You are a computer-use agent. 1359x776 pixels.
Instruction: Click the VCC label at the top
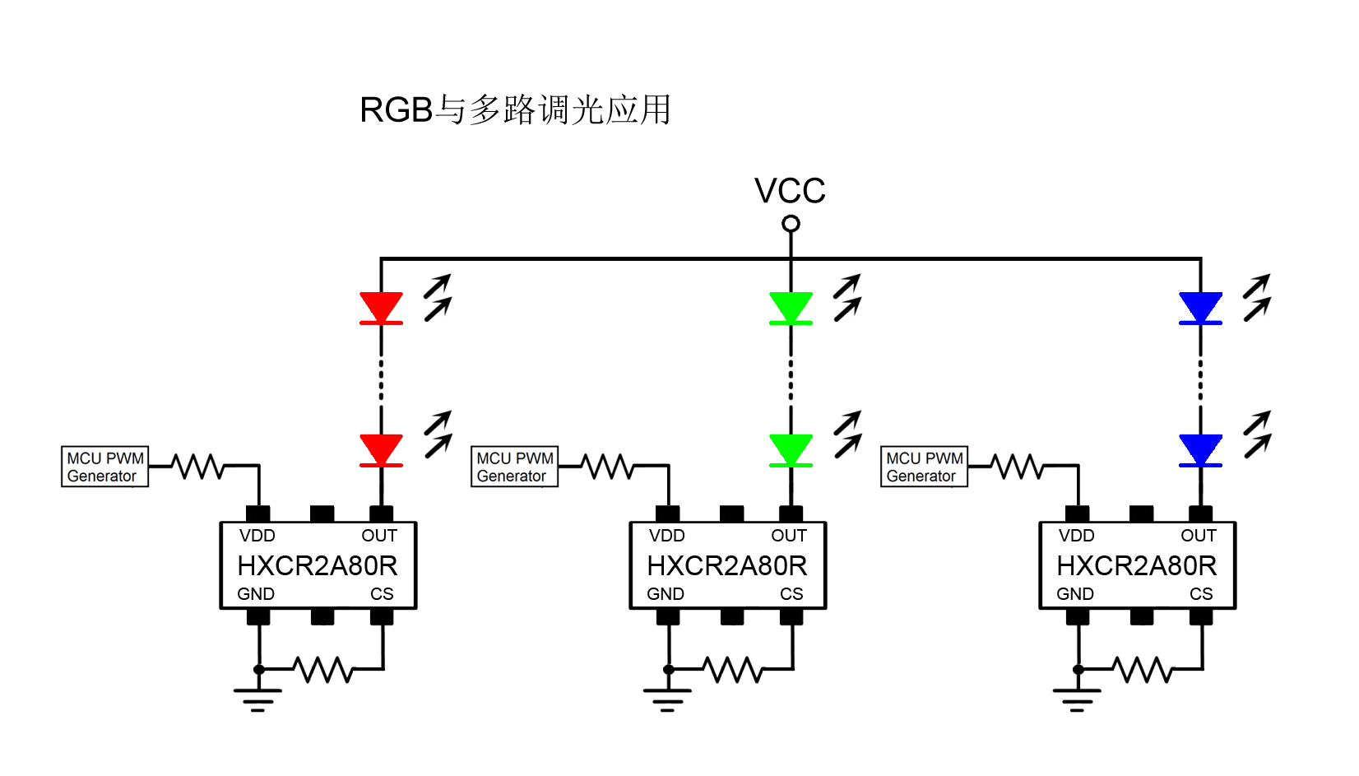[x=790, y=191]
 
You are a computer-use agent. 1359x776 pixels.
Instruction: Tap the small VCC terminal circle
[x=791, y=224]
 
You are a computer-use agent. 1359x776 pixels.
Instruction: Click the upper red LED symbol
[x=381, y=308]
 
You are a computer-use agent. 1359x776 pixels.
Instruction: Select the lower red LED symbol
[x=381, y=450]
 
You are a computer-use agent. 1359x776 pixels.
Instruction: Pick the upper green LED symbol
[x=791, y=308]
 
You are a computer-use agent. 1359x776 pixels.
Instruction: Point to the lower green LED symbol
[x=791, y=450]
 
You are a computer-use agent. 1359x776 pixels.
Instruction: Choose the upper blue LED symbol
[x=1200, y=308]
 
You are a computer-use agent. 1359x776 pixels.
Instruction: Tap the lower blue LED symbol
[x=1200, y=450]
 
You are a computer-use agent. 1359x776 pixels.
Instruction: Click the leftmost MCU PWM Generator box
[x=104, y=467]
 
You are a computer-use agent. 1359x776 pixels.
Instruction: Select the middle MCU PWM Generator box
[x=514, y=467]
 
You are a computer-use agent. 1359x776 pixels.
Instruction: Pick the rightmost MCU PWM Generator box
[x=924, y=467]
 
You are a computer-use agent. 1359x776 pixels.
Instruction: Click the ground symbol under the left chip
[x=258, y=699]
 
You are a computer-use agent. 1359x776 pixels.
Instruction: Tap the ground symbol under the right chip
[x=1078, y=699]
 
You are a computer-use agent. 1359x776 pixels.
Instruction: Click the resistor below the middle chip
[x=733, y=669]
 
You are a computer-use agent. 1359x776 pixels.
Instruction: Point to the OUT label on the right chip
[x=1198, y=536]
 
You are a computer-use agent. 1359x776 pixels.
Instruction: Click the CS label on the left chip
[x=382, y=594]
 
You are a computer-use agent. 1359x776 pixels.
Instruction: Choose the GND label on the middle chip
[x=665, y=594]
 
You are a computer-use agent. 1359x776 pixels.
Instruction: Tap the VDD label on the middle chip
[x=666, y=536]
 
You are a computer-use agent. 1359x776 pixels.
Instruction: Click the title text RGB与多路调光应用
[x=515, y=109]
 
